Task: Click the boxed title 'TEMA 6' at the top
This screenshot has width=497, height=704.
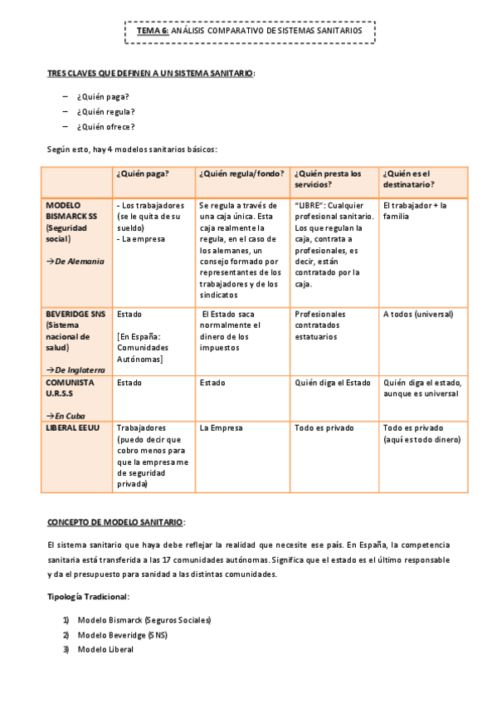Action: tap(153, 31)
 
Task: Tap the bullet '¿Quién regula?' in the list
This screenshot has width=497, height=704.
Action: tap(105, 111)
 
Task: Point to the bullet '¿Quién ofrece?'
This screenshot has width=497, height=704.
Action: tap(105, 126)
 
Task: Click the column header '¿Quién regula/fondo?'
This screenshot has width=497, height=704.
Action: tap(241, 174)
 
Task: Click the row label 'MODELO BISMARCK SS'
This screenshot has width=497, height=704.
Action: tap(71, 210)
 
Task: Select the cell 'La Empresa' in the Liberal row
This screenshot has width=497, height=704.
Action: tap(222, 428)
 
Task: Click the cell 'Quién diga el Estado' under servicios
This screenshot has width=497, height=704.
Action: tap(333, 383)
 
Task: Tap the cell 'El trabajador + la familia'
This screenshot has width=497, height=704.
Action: tap(415, 210)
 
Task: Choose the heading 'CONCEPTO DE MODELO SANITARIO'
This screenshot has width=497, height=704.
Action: tap(115, 521)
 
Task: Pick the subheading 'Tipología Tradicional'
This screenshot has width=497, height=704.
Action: tap(88, 597)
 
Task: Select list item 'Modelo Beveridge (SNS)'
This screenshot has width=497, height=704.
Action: tap(123, 635)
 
